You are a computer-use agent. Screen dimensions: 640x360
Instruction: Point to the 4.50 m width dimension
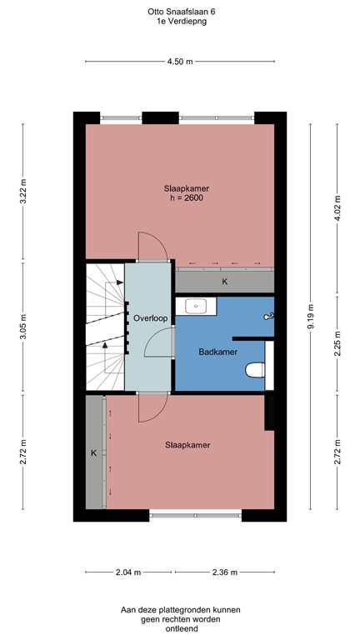tap(180, 62)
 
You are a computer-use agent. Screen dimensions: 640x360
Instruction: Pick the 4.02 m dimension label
tap(337, 204)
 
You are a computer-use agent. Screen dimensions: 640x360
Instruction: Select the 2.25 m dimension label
tap(337, 344)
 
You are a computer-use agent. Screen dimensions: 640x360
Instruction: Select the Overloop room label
tap(147, 318)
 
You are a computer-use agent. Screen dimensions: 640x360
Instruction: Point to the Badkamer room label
tap(218, 352)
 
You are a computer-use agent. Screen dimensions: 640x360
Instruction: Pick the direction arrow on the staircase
tap(106, 343)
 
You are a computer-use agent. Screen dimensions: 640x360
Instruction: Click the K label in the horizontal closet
tap(223, 282)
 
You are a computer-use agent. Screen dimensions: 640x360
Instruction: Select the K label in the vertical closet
tap(94, 453)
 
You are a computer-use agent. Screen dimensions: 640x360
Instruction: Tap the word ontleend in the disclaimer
tap(180, 629)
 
